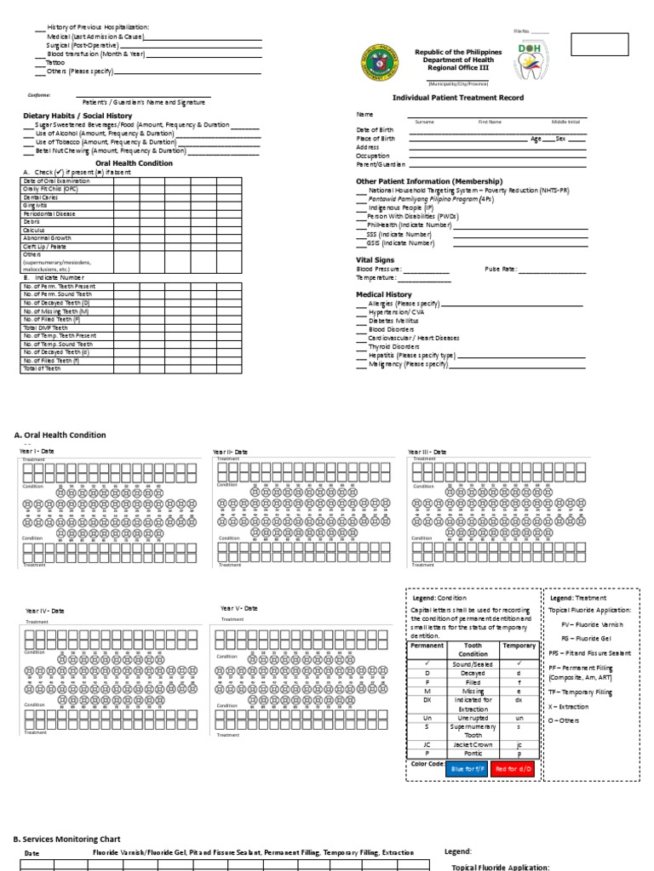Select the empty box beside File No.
(599, 43)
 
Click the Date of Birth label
(376, 129)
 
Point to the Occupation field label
(373, 156)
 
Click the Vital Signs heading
(374, 259)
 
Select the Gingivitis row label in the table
(37, 205)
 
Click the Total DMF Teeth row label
(43, 327)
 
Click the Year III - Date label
(427, 452)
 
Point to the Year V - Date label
(239, 608)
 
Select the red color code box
(513, 769)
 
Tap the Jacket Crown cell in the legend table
(473, 743)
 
